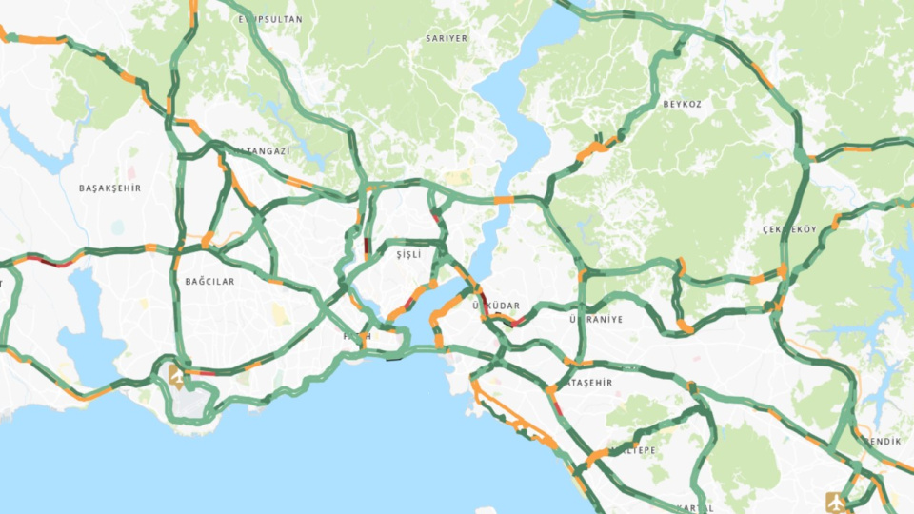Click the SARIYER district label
coord(447,38)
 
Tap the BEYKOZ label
coord(683,103)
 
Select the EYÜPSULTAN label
coord(270,19)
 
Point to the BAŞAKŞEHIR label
coord(109,188)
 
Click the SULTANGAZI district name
coord(260,151)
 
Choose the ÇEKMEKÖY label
coord(789,230)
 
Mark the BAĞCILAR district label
coord(210,282)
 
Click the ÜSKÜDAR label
coord(496,306)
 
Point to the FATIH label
coord(357,336)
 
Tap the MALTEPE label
coord(633,449)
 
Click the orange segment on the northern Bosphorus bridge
coord(503,200)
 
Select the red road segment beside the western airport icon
coord(202,372)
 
